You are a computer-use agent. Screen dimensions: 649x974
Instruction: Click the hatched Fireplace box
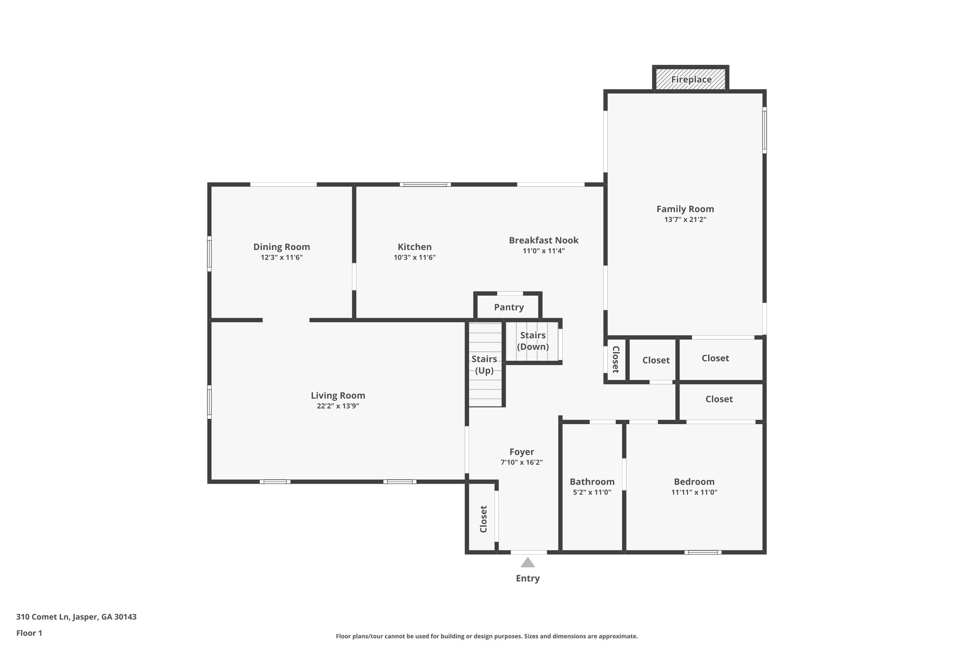tap(691, 79)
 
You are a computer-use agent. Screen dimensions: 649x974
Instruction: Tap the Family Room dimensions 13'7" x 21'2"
tap(685, 220)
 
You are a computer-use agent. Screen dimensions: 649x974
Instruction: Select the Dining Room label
tap(282, 247)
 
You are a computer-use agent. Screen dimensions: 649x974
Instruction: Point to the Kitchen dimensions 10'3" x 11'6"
tap(414, 258)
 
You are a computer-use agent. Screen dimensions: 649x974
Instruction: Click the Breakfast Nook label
tap(544, 240)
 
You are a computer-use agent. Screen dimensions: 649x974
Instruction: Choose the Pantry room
tap(508, 307)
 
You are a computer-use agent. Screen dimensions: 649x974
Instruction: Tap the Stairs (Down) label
tap(533, 341)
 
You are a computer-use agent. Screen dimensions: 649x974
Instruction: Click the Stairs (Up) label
tap(484, 365)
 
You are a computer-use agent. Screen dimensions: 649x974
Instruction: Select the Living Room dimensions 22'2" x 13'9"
tap(338, 406)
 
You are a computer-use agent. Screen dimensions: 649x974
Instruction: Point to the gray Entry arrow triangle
tap(527, 563)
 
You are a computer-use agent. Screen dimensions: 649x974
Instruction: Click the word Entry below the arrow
tap(527, 579)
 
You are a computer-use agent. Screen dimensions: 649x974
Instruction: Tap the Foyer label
tap(522, 452)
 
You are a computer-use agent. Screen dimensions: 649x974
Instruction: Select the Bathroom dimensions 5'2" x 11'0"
tap(592, 493)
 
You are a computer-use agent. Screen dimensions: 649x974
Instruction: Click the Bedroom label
tap(694, 482)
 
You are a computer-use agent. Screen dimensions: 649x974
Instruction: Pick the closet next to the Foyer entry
tap(483, 519)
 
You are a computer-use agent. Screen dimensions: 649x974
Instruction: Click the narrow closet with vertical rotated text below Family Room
tap(615, 359)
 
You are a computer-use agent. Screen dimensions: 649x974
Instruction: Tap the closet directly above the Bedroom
tap(719, 399)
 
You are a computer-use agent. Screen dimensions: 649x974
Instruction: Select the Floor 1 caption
tap(29, 633)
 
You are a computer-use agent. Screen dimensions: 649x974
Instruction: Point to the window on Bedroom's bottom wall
tap(702, 552)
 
